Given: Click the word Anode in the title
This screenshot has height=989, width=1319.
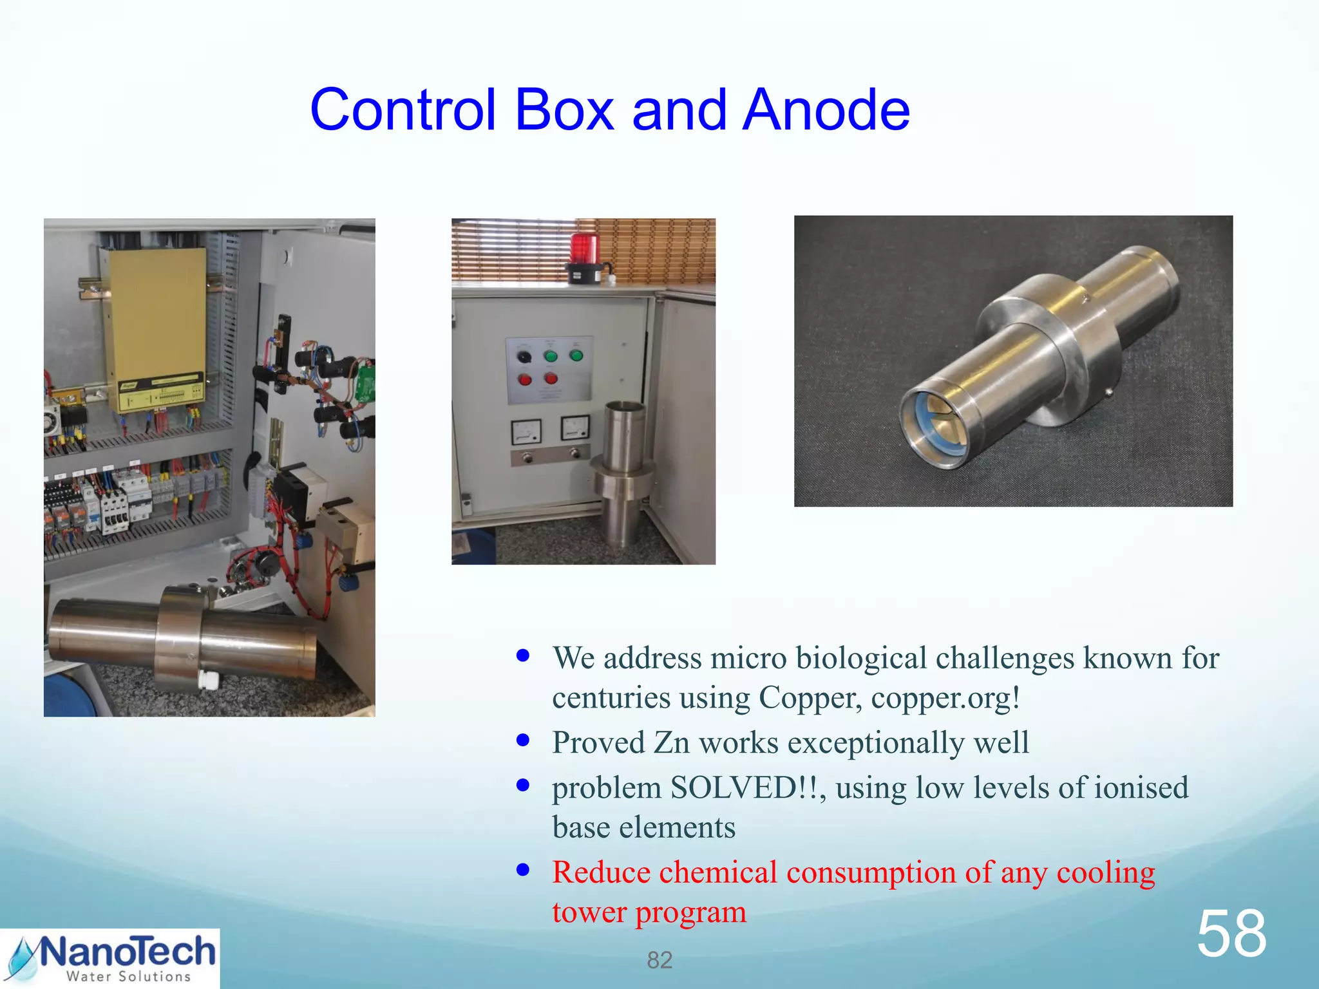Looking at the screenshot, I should point(826,110).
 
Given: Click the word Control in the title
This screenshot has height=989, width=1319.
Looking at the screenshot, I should point(403,110).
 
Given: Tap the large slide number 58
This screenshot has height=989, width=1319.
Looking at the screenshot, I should point(1231,934).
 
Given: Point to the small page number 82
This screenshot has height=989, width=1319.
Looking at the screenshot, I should point(659,960).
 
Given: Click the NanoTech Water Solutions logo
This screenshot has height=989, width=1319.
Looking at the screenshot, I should point(110,958).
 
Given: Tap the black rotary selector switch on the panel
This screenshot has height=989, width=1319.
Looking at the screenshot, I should point(524,356).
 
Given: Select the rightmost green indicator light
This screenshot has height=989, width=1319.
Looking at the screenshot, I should point(576,355).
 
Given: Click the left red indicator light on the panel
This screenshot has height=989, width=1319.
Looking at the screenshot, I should point(525,380).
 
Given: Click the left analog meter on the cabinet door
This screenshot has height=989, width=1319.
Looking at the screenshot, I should point(526,431).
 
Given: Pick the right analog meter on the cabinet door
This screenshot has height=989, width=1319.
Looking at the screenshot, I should point(574,428).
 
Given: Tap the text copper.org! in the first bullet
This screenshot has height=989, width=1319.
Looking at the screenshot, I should point(945,698).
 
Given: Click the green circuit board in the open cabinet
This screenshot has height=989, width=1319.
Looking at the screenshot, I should point(366,383).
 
